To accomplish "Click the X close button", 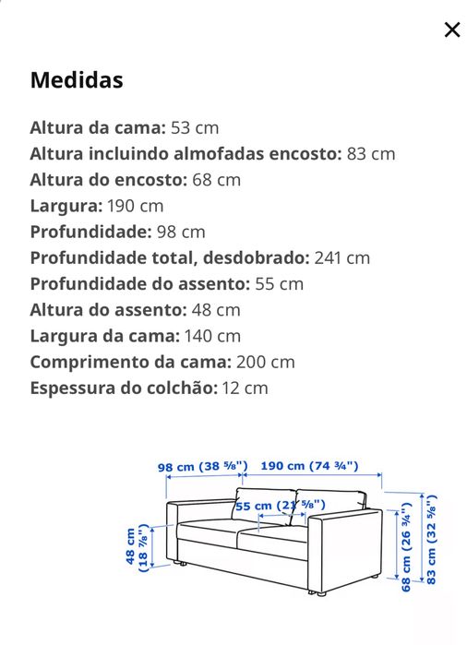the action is [451, 30].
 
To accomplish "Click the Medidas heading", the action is [77, 80].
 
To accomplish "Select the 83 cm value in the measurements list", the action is [371, 153].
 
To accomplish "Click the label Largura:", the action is [66, 205].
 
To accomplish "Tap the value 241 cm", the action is [342, 257].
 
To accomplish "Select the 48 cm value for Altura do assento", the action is [215, 310].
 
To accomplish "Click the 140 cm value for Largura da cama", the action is [212, 336].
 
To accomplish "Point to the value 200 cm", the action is [266, 362].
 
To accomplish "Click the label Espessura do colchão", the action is [124, 388].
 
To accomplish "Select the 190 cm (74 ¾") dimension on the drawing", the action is [308, 467].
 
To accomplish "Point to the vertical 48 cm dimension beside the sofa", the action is [137, 548].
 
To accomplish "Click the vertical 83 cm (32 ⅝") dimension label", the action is [431, 541].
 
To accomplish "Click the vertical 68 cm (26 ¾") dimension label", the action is [406, 548].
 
